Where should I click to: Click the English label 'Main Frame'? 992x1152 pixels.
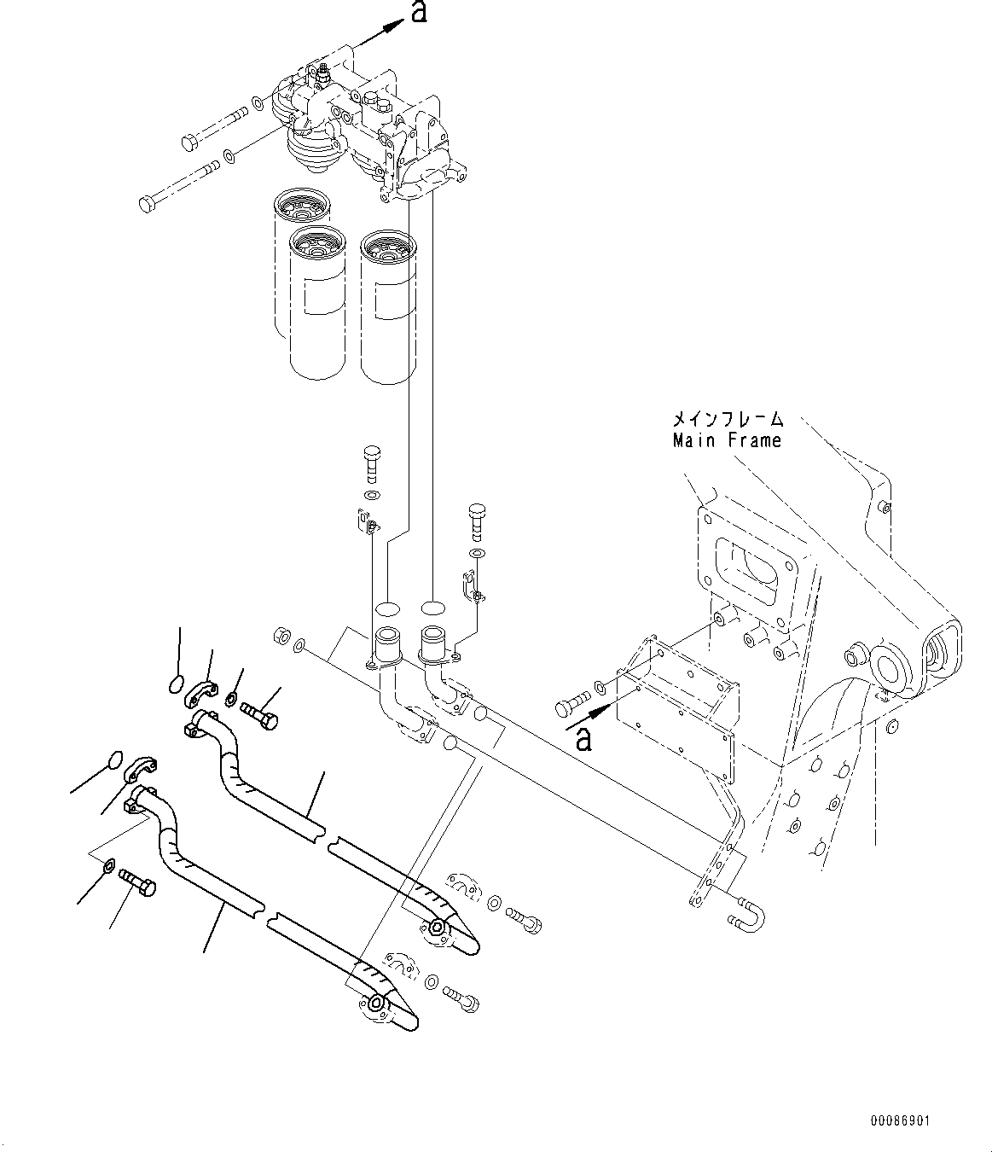(x=727, y=440)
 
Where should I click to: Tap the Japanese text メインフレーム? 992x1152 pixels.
(x=727, y=419)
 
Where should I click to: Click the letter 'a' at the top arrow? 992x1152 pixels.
(x=418, y=13)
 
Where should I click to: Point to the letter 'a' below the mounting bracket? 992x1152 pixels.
(x=583, y=738)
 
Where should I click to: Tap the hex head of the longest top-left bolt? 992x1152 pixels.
(x=146, y=204)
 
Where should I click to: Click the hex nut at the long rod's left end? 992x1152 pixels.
(x=278, y=637)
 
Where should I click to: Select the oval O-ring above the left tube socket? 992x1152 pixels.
(x=386, y=608)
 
